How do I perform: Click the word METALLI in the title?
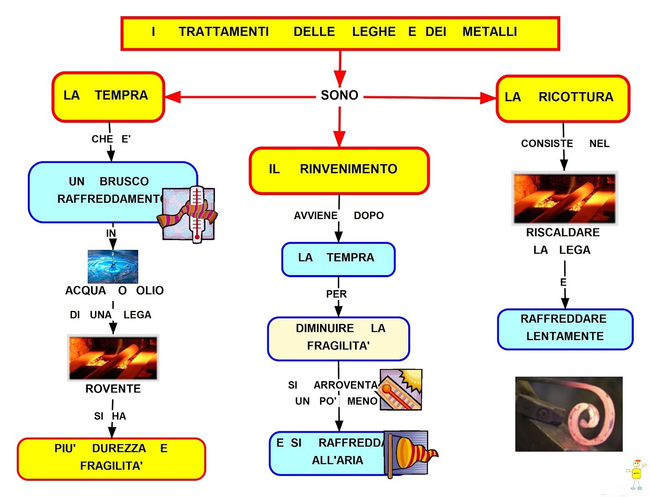pyautogui.click(x=490, y=32)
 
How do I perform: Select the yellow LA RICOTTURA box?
pyautogui.click(x=563, y=98)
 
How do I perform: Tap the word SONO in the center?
pyautogui.click(x=339, y=95)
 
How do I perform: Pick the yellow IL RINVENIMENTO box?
pyautogui.click(x=339, y=170)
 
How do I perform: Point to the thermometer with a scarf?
pyautogui.click(x=191, y=214)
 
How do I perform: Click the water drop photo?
pyautogui.click(x=113, y=266)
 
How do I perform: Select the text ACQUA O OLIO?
pyautogui.click(x=114, y=291)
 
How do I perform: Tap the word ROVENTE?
pyautogui.click(x=113, y=389)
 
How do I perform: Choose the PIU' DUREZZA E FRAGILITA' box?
pyautogui.click(x=111, y=458)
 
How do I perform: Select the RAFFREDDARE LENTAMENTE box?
pyautogui.click(x=565, y=328)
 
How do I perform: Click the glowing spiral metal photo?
pyautogui.click(x=569, y=414)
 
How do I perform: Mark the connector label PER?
pyautogui.click(x=336, y=294)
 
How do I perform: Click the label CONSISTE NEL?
pyautogui.click(x=565, y=143)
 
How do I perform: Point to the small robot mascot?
pyautogui.click(x=636, y=474)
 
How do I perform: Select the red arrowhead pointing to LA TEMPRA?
pyautogui.click(x=173, y=97)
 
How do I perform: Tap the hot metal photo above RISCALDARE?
pyautogui.click(x=564, y=198)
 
